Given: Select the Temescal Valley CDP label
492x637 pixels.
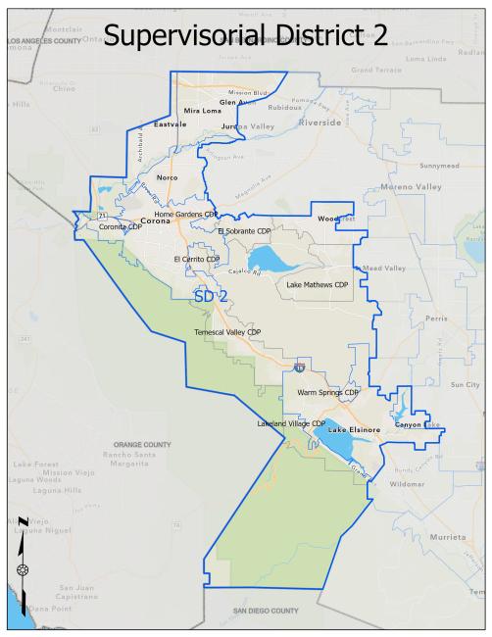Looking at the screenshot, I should click(227, 332).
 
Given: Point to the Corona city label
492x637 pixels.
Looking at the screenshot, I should click(157, 221).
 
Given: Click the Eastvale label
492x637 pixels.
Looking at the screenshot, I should click(170, 124).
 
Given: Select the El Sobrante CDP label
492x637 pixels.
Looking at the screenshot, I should click(242, 230).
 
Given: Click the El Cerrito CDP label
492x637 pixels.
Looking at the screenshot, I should click(197, 259).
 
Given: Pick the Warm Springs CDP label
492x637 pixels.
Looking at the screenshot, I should click(327, 392).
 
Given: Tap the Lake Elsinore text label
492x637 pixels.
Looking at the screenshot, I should click(353, 430).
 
